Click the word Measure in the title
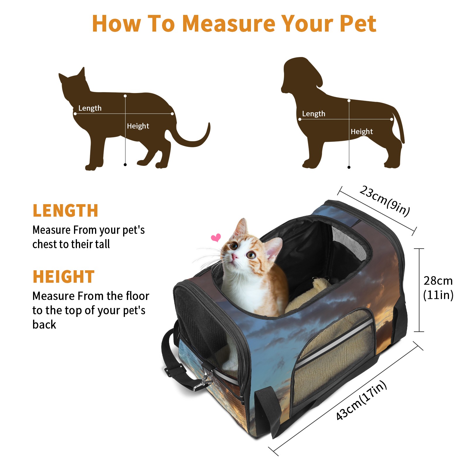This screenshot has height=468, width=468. click(229, 23)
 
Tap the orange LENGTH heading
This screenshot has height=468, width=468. click(65, 211)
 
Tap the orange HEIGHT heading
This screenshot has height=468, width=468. click(63, 277)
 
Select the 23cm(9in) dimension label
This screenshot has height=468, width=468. click(385, 201)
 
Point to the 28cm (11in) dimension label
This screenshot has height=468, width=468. click(438, 288)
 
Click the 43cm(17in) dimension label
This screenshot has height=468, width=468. click(361, 400)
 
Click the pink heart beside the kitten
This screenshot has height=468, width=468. click(216, 238)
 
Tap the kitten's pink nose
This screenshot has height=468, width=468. click(235, 257)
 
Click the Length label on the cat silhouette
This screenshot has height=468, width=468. click(90, 108)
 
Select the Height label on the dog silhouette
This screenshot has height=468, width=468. click(362, 132)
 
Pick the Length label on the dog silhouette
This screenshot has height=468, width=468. click(314, 113)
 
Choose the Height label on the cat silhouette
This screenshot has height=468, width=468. click(138, 126)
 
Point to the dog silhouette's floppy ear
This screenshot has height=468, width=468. click(314, 73)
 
